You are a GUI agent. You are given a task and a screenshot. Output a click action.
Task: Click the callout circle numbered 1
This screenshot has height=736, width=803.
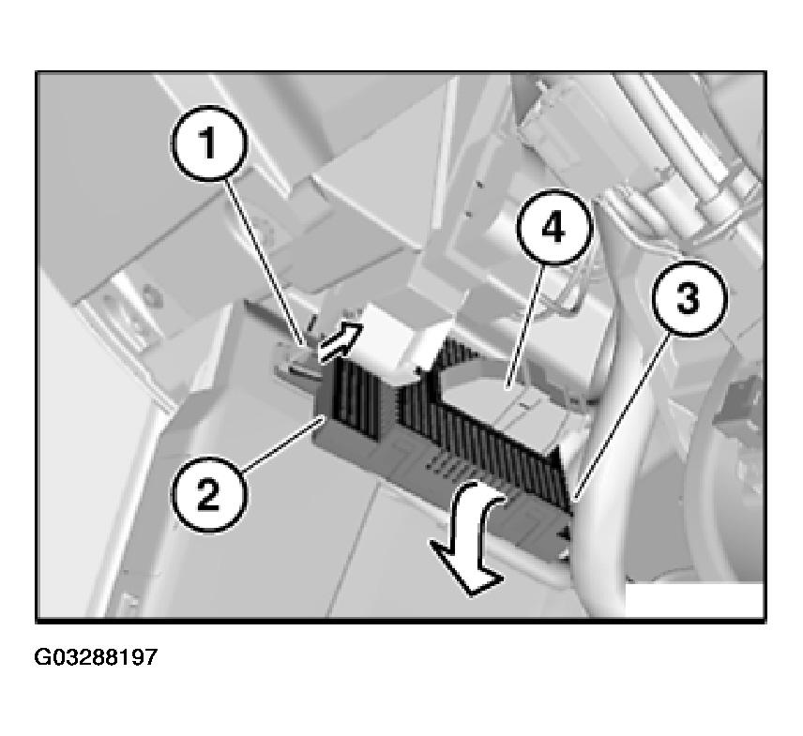point(208,143)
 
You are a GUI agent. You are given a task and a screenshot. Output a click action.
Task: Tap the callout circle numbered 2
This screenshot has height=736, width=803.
point(208,495)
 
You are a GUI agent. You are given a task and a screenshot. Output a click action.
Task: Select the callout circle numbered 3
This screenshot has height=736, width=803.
point(689,298)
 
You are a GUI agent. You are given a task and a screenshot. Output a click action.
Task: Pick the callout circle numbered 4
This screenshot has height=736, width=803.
point(554,227)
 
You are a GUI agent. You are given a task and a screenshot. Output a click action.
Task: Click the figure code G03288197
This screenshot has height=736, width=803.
point(96,656)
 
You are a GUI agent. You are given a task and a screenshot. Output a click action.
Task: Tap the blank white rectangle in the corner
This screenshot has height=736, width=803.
point(694,600)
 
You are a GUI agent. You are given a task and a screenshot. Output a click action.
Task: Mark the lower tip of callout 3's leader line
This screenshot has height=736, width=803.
point(574,499)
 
